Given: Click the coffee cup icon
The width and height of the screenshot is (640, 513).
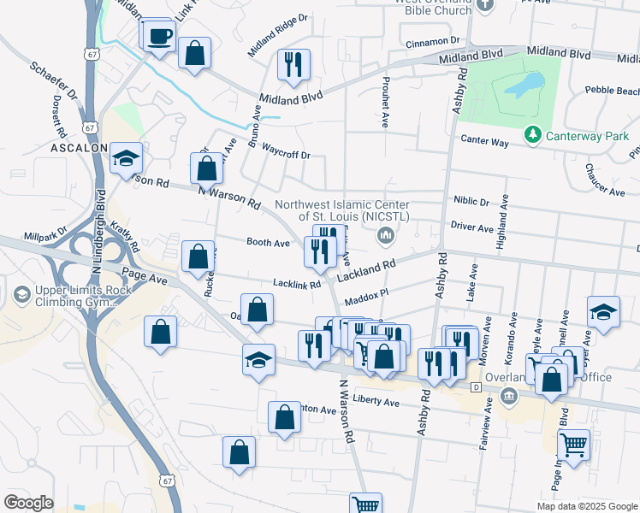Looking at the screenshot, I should tap(159, 37).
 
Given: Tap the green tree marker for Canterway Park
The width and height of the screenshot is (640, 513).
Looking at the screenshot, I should tap(533, 134).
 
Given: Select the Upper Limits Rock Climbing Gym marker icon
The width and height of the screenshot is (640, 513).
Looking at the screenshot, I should tap(21, 296).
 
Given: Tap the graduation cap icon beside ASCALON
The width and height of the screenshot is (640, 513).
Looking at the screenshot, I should tap(126, 158).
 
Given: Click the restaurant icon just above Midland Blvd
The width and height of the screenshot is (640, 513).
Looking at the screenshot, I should tap(293, 63).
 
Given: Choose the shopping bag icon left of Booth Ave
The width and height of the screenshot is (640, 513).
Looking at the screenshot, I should tap(199, 255).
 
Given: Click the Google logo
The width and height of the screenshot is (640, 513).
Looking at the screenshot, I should tap(28, 502).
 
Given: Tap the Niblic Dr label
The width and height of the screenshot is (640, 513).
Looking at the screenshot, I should tap(471, 203).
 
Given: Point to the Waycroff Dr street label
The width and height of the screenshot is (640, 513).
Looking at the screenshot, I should tap(286, 156).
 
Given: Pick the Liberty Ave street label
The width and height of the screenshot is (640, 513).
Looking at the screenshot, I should tap(376, 402).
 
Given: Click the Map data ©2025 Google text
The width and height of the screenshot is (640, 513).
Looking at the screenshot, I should tap(586, 506).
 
